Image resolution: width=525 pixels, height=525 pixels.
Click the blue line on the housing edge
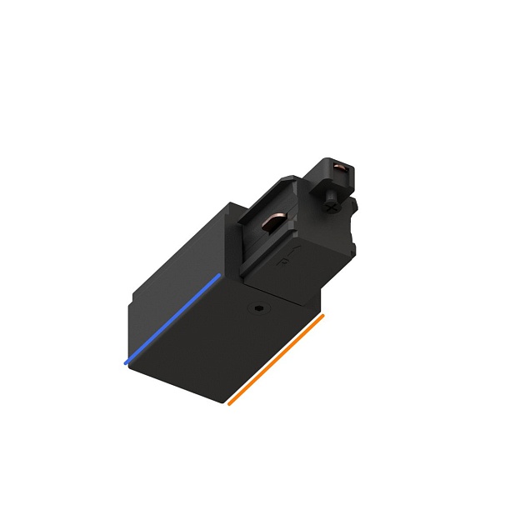[173, 319]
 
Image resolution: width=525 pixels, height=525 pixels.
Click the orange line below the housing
[276, 360]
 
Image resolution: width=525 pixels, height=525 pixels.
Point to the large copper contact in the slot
[274, 223]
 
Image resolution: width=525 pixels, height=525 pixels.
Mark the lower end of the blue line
[126, 363]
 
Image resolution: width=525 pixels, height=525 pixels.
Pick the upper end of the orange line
[323, 316]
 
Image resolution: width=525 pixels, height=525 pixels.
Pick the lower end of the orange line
[229, 404]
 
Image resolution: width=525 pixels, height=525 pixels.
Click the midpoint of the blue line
[173, 319]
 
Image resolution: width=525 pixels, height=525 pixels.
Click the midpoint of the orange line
[276, 360]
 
